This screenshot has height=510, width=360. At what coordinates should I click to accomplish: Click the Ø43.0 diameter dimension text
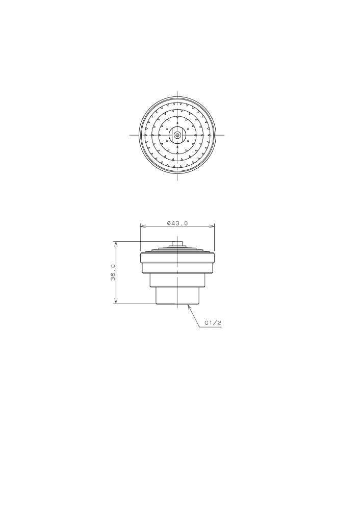point(177,223)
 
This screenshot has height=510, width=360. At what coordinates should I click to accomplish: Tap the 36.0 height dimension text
point(113,272)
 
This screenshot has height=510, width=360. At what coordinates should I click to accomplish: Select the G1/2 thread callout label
point(213,323)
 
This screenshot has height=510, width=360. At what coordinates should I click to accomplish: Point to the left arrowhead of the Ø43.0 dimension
point(142,226)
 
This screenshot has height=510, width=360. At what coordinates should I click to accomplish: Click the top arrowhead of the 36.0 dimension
point(115,244)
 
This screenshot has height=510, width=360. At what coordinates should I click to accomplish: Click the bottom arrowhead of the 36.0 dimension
point(115,301)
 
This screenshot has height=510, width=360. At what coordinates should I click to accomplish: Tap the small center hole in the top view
point(177,135)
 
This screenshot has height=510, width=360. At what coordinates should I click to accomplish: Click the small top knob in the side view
point(177,244)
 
